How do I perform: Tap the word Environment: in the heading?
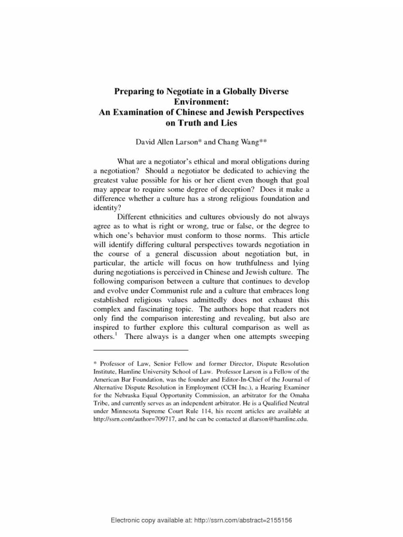[201, 102]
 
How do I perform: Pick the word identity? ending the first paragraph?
[107, 208]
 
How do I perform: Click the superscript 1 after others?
[116, 334]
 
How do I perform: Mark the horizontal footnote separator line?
[141, 349]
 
